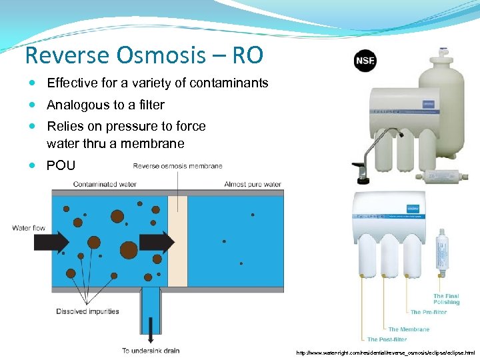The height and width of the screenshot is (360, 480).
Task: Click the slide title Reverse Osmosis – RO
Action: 143,55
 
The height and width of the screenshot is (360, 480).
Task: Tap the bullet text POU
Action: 61,165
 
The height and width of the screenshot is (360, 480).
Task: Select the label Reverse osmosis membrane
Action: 178,165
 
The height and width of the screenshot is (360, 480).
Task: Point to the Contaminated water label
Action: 105,184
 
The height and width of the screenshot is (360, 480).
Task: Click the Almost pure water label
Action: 253,184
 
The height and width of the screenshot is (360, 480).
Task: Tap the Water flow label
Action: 29,228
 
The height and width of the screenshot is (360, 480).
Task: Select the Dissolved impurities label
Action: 87,311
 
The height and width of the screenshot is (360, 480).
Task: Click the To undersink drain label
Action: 151,351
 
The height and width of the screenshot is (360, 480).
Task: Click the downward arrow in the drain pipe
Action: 151,330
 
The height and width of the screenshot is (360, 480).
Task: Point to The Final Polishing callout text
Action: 446,299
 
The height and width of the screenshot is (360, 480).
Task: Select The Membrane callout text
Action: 409,329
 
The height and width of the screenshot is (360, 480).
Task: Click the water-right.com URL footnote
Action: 385,351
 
